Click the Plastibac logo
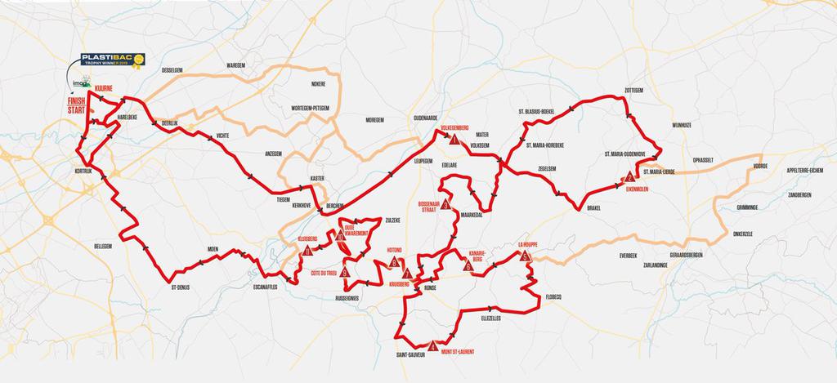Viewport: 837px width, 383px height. click(x=111, y=60)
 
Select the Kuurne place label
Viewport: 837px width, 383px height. click(x=104, y=87)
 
